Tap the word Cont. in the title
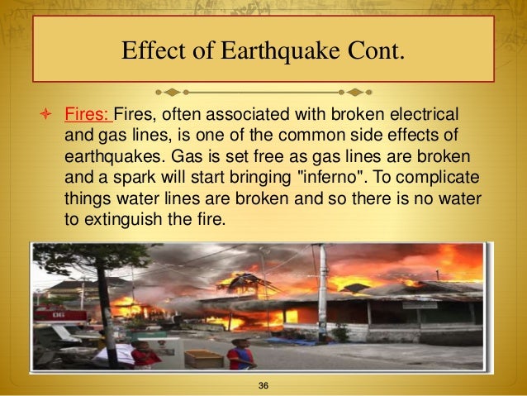[x=370, y=51]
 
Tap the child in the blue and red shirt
[x=241, y=354]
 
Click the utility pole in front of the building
[x=320, y=289]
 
